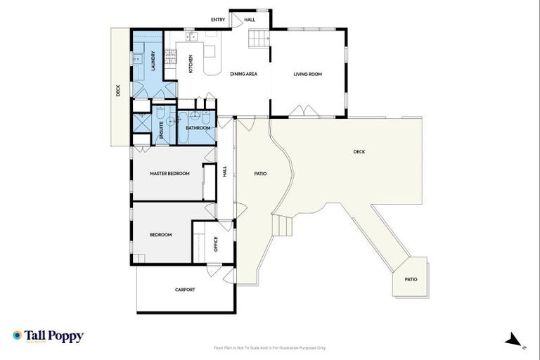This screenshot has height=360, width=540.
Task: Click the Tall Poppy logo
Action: [x=48, y=336]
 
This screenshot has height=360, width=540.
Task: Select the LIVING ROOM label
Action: [x=307, y=74]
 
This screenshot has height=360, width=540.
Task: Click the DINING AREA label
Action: [x=242, y=74]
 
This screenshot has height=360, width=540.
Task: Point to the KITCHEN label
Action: [x=191, y=64]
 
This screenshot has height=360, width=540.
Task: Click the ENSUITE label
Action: [x=162, y=131]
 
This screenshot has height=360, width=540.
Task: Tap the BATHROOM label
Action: [x=198, y=128]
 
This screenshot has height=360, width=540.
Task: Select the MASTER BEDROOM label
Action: [x=169, y=173]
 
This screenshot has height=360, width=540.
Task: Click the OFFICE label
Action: [x=216, y=243]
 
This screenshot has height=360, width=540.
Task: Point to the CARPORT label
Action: [x=185, y=290]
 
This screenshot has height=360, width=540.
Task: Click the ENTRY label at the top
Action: [x=218, y=20]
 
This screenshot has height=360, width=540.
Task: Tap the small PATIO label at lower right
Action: [x=411, y=279]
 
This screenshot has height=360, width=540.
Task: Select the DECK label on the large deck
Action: [x=359, y=151]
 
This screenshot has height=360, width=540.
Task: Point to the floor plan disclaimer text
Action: [x=270, y=347]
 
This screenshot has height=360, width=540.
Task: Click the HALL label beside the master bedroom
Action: [x=225, y=171]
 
